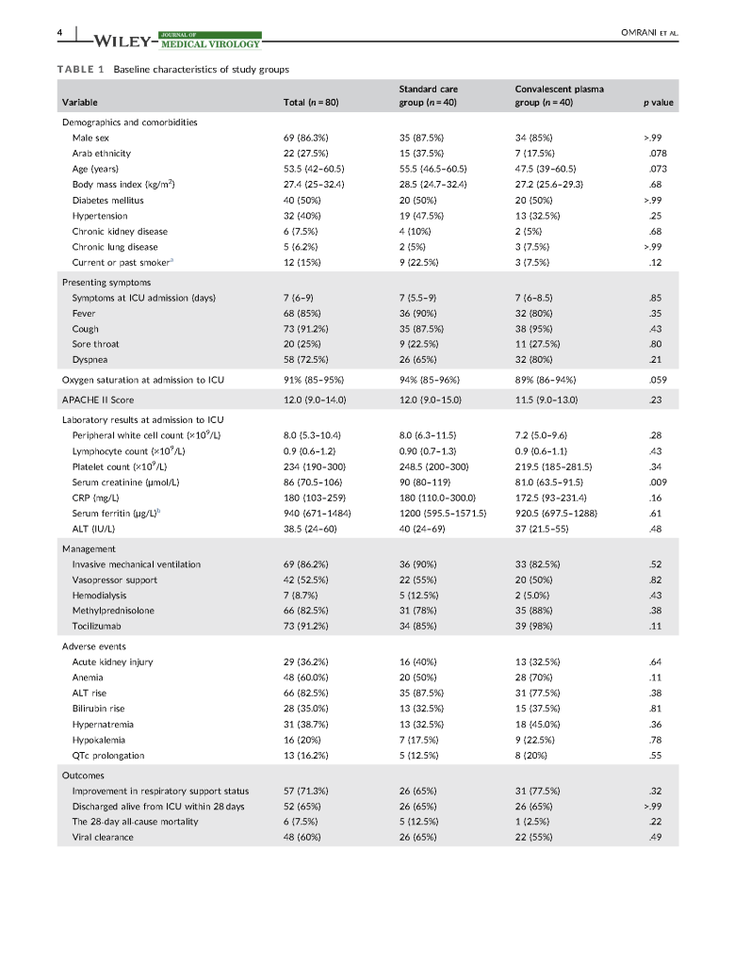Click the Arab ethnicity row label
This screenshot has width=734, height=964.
(102, 153)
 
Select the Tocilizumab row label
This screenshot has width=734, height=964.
(99, 626)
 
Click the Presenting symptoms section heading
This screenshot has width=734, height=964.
(106, 282)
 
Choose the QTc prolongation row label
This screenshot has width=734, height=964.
(108, 755)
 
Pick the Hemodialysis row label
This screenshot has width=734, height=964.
(99, 596)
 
